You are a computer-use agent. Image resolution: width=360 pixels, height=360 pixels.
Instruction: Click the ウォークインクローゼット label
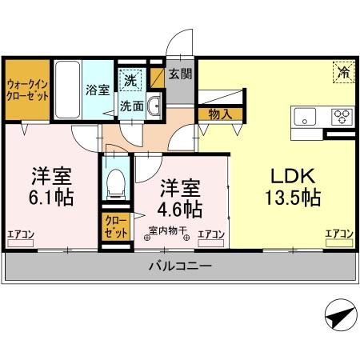point(27,89)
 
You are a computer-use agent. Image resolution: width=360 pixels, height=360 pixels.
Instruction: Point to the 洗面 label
point(132,105)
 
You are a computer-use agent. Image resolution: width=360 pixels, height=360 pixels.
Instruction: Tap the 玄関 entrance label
point(180,75)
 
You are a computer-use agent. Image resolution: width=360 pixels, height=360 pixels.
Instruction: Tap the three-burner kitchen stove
point(342,117)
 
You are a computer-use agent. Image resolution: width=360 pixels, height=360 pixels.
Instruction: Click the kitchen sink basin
point(306,117)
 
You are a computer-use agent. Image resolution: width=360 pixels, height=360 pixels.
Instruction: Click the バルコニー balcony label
point(181,266)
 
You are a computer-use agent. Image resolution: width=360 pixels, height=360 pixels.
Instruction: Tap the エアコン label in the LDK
point(338,233)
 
